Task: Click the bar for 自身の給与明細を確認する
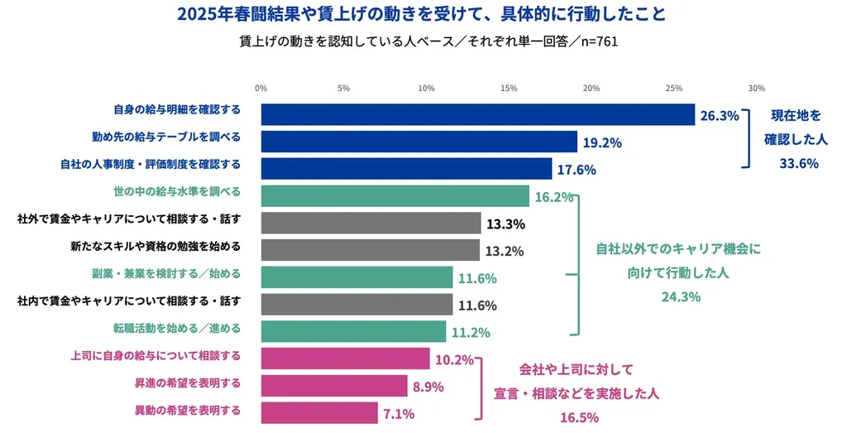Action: point(477,115)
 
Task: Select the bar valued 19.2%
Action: point(419,142)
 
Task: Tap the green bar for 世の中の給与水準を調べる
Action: point(395,196)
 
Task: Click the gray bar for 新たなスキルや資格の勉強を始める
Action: point(370,250)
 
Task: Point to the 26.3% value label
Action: point(719,116)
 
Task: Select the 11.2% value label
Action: point(471,333)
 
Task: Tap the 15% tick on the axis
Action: point(509,88)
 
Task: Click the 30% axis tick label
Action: point(756,88)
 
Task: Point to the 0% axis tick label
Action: point(261,88)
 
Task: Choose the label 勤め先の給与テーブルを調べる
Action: point(165,137)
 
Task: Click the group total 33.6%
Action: point(798,164)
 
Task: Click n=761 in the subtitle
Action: point(590,41)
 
